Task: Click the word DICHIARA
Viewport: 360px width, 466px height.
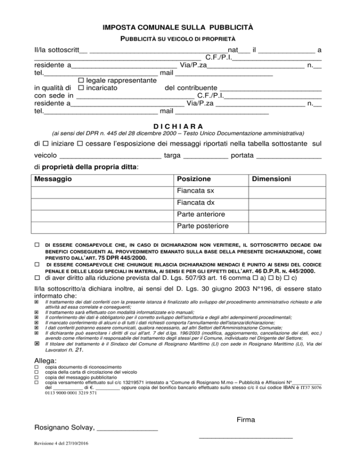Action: pyautogui.click(x=180, y=126)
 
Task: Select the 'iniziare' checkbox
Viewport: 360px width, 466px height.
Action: pyautogui.click(x=45, y=142)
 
